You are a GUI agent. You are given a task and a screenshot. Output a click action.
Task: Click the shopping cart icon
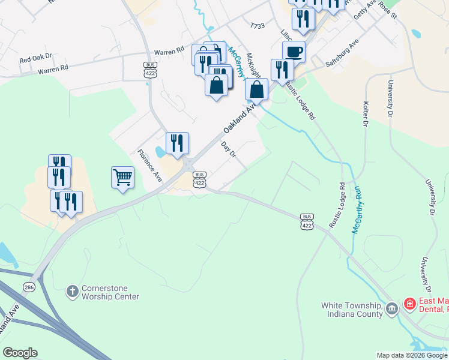pyautogui.click(x=122, y=178)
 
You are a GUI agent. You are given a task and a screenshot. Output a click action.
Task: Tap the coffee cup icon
pyautogui.click(x=294, y=52)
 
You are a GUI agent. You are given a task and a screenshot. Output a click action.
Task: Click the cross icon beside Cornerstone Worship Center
pyautogui.click(x=72, y=292)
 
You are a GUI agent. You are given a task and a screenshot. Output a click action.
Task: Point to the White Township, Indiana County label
pyautogui.click(x=352, y=309)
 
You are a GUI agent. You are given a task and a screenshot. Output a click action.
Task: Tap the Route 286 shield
pyautogui.click(x=29, y=287)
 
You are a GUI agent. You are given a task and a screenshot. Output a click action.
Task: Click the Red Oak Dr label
pyautogui.click(x=36, y=59)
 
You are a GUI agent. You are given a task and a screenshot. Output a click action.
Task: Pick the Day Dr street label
pyautogui.click(x=229, y=149)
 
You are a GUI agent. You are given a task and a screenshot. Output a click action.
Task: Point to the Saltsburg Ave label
pyautogui.click(x=342, y=53)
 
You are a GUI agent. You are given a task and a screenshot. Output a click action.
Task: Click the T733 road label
pyautogui.click(x=257, y=26)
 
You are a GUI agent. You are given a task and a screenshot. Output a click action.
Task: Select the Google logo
pyautogui.click(x=20, y=353)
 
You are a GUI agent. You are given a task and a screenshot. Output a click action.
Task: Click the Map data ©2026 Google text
pyautogui.click(x=412, y=355)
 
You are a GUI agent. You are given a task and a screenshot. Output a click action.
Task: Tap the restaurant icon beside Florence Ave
pyautogui.click(x=177, y=143)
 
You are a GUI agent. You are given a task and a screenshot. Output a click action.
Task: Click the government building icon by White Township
pyautogui.click(x=392, y=309)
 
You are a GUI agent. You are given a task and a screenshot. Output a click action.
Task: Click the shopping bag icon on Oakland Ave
pyautogui.click(x=256, y=89)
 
